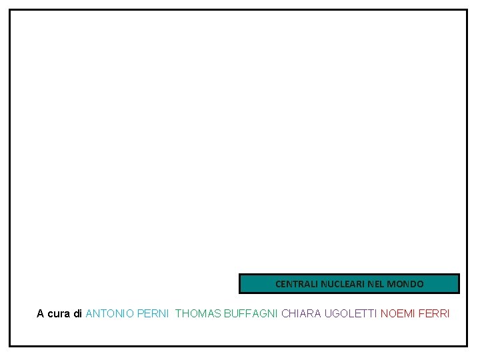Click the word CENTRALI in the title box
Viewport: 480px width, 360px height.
tap(296, 284)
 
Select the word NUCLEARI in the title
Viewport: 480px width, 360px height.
tap(341, 284)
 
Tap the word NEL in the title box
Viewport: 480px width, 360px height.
tap(375, 284)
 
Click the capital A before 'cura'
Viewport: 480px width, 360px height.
tap(41, 313)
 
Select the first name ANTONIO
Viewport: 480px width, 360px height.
tap(110, 313)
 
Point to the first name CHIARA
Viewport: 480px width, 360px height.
tap(301, 313)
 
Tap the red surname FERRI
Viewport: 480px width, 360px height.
tap(434, 313)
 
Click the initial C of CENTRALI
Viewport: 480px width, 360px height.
tap(278, 284)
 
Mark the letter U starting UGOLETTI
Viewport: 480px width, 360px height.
tap(328, 313)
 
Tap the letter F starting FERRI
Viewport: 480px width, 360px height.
tap(421, 313)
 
